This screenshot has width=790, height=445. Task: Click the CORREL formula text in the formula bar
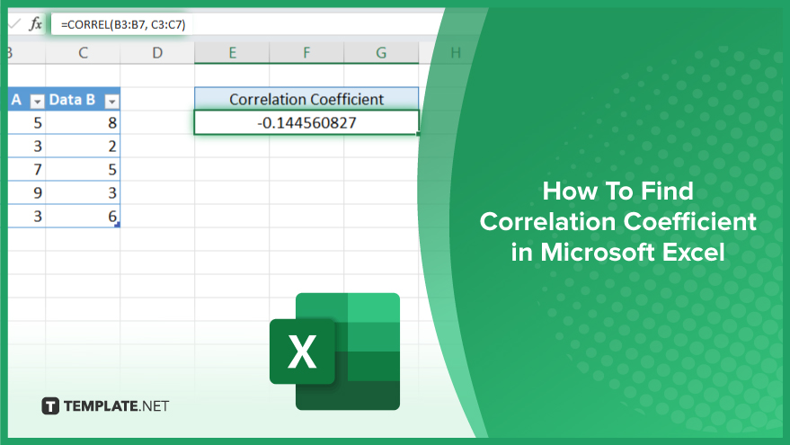click(x=123, y=24)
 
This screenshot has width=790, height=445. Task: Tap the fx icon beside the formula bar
click(x=35, y=23)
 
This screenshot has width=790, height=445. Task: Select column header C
click(x=83, y=52)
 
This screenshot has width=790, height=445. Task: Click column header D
click(x=157, y=52)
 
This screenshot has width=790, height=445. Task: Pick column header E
click(x=232, y=52)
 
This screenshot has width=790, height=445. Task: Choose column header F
click(x=306, y=52)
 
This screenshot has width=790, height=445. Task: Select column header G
click(x=381, y=52)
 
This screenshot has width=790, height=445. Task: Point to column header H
click(x=456, y=52)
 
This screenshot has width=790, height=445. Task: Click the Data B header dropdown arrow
click(x=111, y=102)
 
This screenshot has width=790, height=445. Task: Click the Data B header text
click(x=72, y=100)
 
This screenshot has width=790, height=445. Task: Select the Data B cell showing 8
click(x=83, y=122)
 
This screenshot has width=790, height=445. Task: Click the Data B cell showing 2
click(x=83, y=147)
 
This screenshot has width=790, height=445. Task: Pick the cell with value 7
click(x=27, y=169)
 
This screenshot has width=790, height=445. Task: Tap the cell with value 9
click(x=27, y=192)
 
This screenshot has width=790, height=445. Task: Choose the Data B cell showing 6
click(x=83, y=216)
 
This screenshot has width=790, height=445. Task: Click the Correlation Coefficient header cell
click(x=306, y=99)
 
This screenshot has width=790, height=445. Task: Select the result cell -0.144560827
click(x=306, y=122)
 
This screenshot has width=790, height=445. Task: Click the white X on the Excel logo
click(x=302, y=352)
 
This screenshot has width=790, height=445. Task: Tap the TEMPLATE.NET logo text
click(x=116, y=406)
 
